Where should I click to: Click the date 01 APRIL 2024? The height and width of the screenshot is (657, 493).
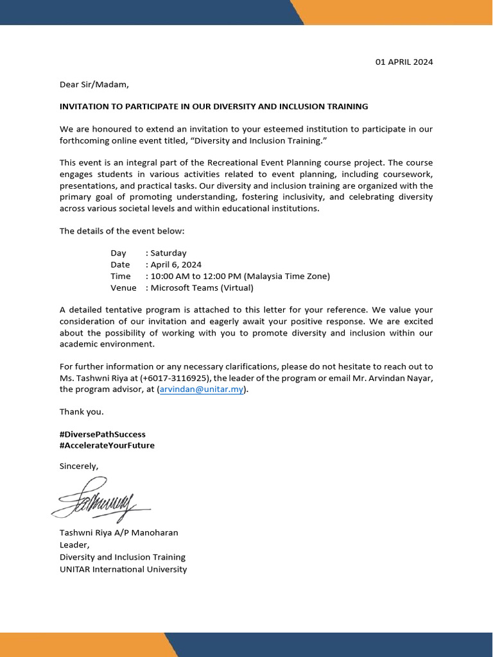404,62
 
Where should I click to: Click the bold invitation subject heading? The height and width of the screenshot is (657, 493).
214,107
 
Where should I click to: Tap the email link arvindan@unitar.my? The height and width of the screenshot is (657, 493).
202,389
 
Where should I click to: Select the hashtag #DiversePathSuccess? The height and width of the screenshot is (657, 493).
103,434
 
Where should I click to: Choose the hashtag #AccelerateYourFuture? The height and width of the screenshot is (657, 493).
107,445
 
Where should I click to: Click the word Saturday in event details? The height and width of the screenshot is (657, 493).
169,253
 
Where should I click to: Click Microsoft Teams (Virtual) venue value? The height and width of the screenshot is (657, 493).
202,288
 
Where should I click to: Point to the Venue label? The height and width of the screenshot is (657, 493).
123,288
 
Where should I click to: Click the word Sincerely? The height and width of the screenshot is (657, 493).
79,466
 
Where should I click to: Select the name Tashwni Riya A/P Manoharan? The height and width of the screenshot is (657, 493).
119,533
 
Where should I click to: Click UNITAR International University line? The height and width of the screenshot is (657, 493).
123,569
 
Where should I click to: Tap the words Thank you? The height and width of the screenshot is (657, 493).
82,412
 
